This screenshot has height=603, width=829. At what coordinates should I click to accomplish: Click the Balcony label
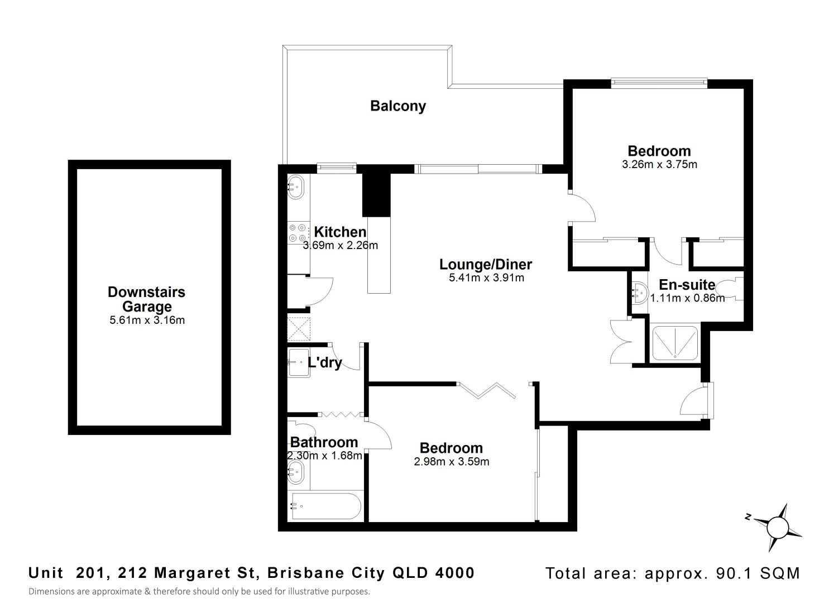(x=398, y=106)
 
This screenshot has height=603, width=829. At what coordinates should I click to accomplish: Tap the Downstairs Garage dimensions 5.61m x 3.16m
(x=147, y=320)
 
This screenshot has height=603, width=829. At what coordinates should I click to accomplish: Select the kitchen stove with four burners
(x=298, y=233)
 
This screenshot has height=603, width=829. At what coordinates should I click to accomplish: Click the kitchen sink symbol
(x=296, y=187)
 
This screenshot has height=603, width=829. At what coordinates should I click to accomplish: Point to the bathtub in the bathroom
(x=326, y=506)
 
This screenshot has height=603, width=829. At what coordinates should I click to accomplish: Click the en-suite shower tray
(x=675, y=343)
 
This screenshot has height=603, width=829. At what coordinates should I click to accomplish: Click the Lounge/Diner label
(x=486, y=264)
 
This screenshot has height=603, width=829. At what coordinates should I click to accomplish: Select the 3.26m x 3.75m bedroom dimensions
(x=659, y=164)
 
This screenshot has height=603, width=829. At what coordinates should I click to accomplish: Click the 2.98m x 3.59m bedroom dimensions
(x=452, y=462)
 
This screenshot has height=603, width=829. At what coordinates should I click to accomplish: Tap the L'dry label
(x=324, y=362)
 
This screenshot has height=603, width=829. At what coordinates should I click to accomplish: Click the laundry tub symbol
(x=299, y=363)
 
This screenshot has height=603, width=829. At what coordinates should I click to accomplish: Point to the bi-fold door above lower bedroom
(x=487, y=390)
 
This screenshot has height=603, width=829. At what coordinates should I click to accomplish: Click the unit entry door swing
(x=694, y=401)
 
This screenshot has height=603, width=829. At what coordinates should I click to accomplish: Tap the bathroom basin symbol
(x=296, y=472)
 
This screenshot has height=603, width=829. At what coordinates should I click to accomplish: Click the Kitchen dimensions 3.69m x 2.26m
(x=341, y=246)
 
